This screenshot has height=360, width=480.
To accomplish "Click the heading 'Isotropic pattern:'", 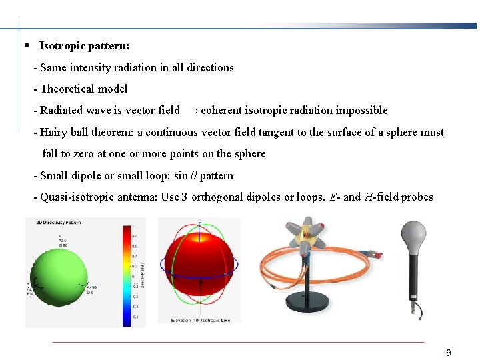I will point(84,46).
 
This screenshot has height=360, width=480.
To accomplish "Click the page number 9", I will point(449,353).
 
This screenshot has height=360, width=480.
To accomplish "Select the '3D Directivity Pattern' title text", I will point(54,223).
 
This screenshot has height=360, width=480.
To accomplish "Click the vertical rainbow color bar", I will point(125,273).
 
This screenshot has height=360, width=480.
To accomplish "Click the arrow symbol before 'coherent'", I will point(190,111).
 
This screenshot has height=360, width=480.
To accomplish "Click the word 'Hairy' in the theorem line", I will point(55,132).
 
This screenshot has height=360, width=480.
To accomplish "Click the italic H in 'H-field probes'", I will point(368,197).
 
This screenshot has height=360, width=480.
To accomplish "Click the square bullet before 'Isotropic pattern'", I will point(25,46).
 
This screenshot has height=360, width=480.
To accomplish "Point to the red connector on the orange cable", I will point(378,254).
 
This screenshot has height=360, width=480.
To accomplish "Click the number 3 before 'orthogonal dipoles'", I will point(185,197).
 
